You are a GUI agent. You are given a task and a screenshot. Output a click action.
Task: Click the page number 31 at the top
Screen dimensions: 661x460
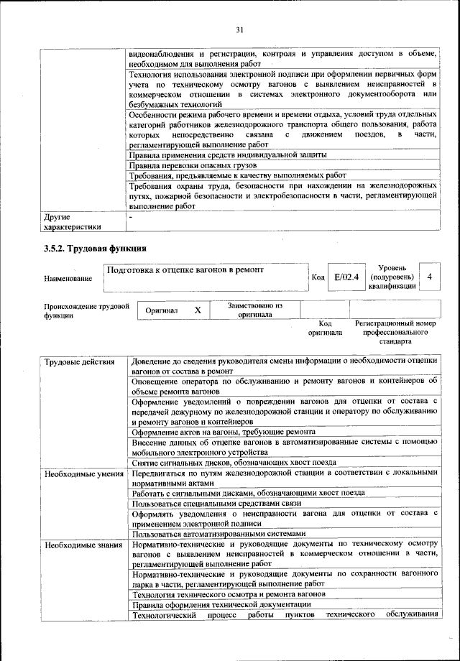tap(239, 29)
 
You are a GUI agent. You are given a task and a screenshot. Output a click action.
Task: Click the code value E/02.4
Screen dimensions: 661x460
tap(346, 277)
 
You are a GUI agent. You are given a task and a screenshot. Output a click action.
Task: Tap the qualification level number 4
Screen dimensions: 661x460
tap(429, 277)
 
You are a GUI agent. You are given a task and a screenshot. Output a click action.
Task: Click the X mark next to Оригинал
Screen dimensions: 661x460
tap(198, 310)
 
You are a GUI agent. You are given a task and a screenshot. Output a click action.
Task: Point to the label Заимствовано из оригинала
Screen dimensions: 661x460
tap(254, 310)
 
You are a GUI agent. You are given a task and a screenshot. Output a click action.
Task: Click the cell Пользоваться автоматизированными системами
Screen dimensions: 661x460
tap(219, 534)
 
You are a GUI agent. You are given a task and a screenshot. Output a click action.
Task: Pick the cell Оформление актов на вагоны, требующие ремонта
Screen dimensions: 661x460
tap(224, 432)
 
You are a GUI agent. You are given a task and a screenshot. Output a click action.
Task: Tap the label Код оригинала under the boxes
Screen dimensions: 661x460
tap(324, 328)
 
